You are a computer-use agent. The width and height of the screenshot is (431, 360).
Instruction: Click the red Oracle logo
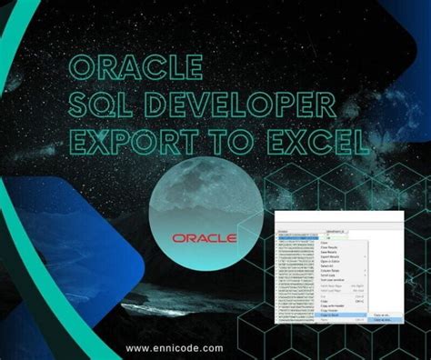204,238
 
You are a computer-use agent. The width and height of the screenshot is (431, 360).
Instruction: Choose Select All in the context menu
326,265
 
